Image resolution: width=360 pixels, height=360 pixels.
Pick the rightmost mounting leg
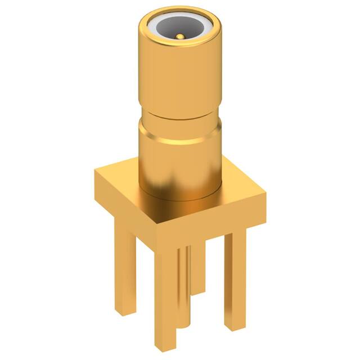(x=235, y=276)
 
